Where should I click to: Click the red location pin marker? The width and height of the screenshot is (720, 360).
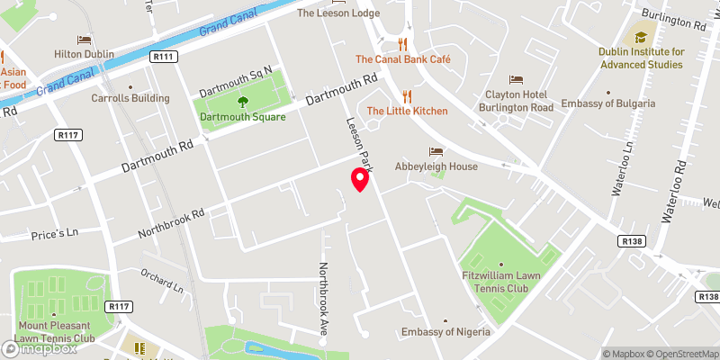[360, 179]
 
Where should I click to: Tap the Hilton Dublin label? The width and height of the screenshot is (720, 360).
[83, 54]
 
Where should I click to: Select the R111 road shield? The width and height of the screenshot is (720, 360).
[164, 56]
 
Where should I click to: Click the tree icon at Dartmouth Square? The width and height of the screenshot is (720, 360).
[241, 102]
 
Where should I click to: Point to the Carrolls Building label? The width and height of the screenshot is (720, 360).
[130, 98]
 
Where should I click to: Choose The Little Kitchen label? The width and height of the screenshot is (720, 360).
[407, 111]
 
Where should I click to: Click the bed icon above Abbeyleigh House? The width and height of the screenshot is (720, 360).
[436, 151]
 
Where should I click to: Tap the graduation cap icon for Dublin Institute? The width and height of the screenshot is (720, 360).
[640, 37]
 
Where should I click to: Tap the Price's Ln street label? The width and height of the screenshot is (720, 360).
[55, 232]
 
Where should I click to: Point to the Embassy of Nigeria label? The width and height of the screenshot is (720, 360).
[446, 332]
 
